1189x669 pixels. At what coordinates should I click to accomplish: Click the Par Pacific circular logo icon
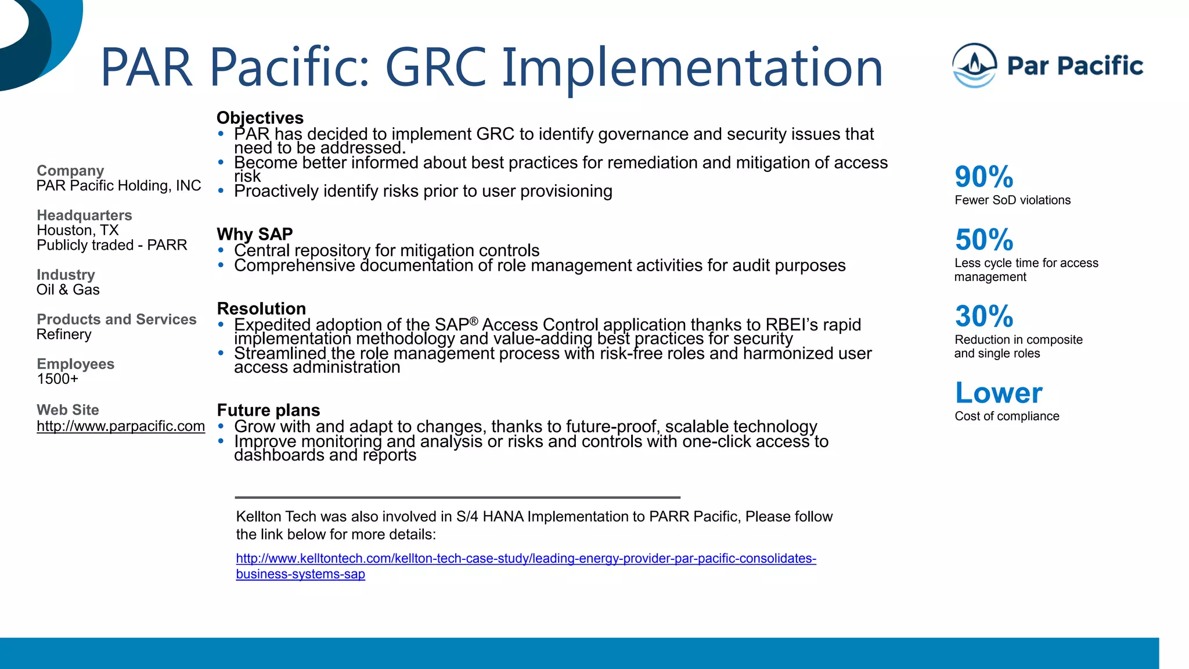tap(974, 66)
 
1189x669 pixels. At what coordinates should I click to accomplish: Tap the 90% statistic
tap(983, 177)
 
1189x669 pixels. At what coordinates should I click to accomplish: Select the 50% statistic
tap(983, 239)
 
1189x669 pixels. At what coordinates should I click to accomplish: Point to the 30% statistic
tap(983, 316)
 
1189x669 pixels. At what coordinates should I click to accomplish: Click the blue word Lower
tap(998, 393)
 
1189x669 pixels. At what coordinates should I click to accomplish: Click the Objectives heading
tap(260, 118)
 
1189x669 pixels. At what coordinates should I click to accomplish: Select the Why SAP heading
tap(254, 234)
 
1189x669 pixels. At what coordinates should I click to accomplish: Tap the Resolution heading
tap(261, 308)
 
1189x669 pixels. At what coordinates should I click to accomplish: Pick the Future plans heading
tap(268, 410)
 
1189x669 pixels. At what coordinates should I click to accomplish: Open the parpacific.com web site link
tap(120, 426)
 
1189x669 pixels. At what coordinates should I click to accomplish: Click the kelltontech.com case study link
tap(525, 559)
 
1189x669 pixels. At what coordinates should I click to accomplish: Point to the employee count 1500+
tap(57, 379)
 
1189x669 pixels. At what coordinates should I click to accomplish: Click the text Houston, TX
tap(77, 231)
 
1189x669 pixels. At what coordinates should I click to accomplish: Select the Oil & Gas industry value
tap(68, 290)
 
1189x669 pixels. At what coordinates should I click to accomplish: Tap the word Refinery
tap(64, 334)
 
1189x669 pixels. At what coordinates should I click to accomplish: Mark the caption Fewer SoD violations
tap(1012, 200)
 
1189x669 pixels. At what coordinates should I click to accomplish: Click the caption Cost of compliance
tap(1006, 416)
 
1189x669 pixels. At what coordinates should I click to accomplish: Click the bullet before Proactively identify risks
tap(221, 190)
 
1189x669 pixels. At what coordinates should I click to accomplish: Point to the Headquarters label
tap(84, 215)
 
